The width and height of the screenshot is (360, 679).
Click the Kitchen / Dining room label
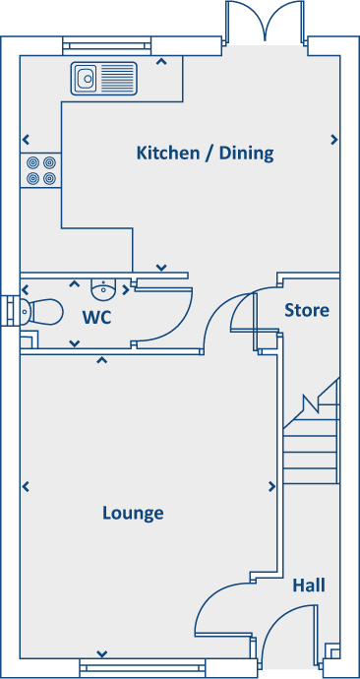[x=205, y=154]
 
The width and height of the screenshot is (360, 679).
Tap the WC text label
[x=96, y=317]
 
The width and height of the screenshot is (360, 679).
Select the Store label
[x=306, y=310]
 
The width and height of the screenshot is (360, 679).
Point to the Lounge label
[x=133, y=514]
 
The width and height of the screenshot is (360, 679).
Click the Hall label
[x=309, y=586]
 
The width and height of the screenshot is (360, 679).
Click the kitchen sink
[x=103, y=78]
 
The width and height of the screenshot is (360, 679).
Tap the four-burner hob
[x=40, y=170]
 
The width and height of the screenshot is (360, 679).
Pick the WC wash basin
[x=103, y=289]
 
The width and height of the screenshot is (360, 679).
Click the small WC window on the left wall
[x=9, y=310]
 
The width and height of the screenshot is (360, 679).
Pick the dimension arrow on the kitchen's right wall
[x=334, y=140]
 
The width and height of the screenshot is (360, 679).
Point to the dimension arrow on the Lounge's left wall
[x=26, y=486]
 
